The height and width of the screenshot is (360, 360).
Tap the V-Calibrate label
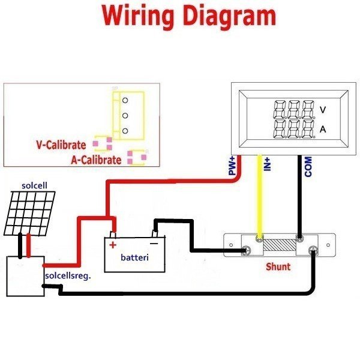(x=61, y=145)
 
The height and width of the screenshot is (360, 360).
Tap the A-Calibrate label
(x=96, y=160)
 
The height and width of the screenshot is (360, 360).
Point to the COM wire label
(x=308, y=167)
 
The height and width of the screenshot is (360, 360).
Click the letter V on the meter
(x=323, y=110)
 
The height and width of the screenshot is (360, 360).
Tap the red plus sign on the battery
(x=112, y=244)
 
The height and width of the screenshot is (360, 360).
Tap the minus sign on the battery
(x=154, y=244)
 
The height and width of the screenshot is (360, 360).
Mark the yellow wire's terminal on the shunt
(x=259, y=239)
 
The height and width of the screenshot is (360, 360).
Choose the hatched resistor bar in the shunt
(x=278, y=247)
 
